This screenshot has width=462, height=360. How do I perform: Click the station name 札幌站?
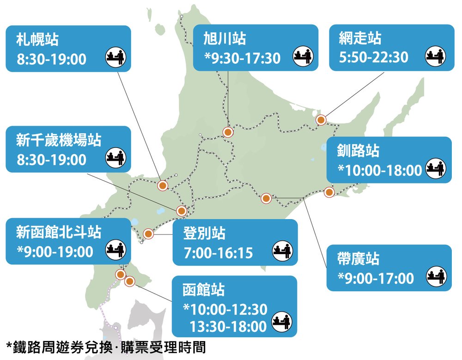[37, 39]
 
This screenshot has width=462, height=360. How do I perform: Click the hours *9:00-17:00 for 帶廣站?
[376, 278]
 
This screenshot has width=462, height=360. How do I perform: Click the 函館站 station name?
[204, 290]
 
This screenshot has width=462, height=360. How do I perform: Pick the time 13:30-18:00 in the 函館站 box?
[228, 326]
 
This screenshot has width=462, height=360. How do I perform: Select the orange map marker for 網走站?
[321, 120]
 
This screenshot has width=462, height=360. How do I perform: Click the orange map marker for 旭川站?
[227, 132]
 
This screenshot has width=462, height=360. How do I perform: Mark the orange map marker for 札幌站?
[163, 186]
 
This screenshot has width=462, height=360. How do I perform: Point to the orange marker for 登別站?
[148, 234]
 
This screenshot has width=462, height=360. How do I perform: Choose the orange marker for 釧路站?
[329, 192]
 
